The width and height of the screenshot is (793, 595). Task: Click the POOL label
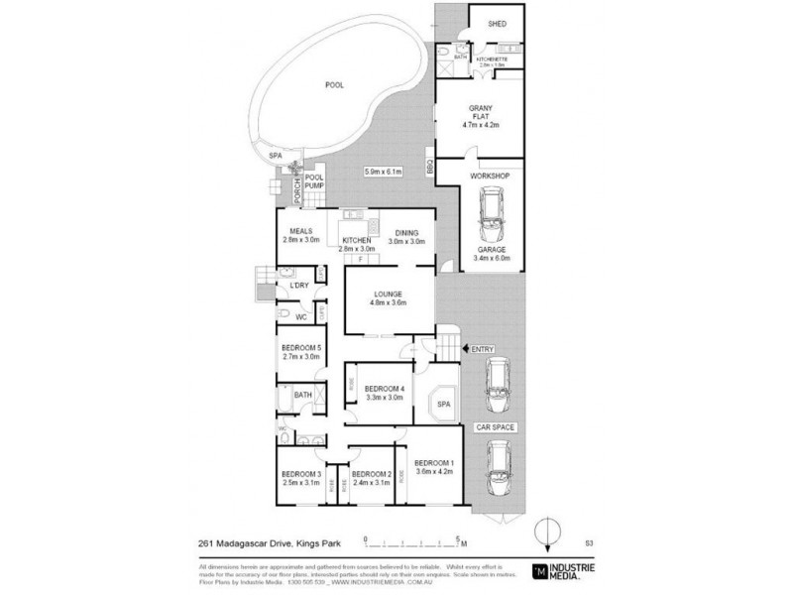coord(334,85)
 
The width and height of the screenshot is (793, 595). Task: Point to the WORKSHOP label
coord(491,176)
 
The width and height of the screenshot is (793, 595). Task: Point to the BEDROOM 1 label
coord(433,464)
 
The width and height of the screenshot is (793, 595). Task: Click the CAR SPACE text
coord(498,426)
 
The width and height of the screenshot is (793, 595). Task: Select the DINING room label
coord(406,234)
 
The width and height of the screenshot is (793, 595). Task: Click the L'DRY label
coord(298,288)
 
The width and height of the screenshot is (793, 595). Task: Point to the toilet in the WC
coord(284,315)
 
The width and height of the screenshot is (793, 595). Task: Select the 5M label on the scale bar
coord(462,542)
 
